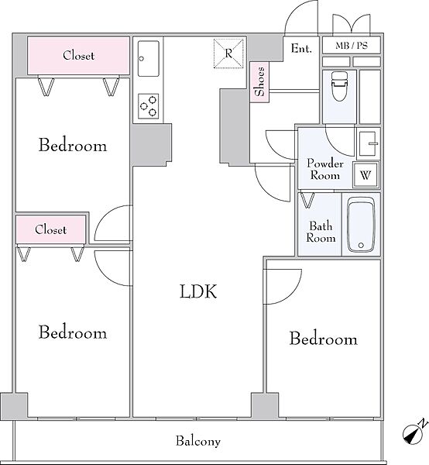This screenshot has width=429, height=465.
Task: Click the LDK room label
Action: pyautogui.click(x=198, y=291)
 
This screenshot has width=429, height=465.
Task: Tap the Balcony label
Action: pyautogui.click(x=198, y=441)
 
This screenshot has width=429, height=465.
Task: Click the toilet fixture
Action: pyautogui.click(x=339, y=86)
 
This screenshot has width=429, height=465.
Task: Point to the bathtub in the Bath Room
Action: pyautogui.click(x=361, y=225)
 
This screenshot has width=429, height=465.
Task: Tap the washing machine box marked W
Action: pyautogui.click(x=366, y=174)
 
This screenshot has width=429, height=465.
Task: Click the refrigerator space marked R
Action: pyautogui.click(x=228, y=53)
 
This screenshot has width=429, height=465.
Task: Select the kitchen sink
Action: pyautogui.click(x=149, y=58)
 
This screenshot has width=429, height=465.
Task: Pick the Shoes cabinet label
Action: pyautogui.click(x=259, y=81)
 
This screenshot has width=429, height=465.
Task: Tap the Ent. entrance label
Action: pyautogui.click(x=301, y=48)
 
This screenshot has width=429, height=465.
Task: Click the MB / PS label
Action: pyautogui.click(x=352, y=46)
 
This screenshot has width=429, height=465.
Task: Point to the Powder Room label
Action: pyautogui.click(x=325, y=169)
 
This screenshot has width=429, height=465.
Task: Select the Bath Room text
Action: pyautogui.click(x=321, y=232)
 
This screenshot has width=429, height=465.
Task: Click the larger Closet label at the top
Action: pyautogui.click(x=78, y=56)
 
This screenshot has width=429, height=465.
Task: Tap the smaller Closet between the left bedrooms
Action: pyautogui.click(x=50, y=229)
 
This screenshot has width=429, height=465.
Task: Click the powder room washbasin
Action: pyautogui.click(x=369, y=143)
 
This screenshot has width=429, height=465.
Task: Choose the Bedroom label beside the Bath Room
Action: pyautogui.click(x=323, y=339)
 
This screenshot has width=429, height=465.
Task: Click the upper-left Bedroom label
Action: pyautogui.click(x=73, y=145)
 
